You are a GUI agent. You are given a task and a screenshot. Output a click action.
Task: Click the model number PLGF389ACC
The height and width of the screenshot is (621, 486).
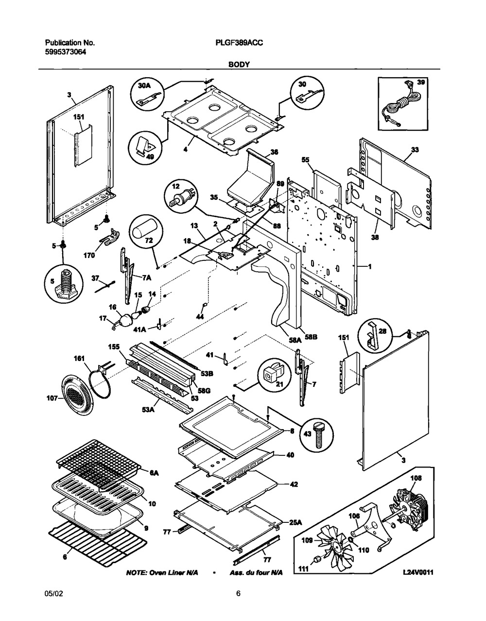coord(239,43)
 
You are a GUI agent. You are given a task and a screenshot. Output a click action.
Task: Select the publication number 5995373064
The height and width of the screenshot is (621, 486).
coord(66,52)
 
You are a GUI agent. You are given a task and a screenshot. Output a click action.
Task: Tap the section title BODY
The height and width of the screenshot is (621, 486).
coord(239,65)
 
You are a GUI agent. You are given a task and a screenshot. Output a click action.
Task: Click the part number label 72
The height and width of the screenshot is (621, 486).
coord(149,241)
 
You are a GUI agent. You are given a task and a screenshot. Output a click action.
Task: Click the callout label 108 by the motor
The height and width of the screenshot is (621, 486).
coord(416,478)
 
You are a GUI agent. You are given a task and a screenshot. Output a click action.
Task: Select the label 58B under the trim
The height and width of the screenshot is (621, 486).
coord(311,337)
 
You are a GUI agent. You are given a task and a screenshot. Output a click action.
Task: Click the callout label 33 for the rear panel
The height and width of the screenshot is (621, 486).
coord(415,150)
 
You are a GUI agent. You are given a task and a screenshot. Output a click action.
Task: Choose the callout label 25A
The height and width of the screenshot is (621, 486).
coord(295,522)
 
